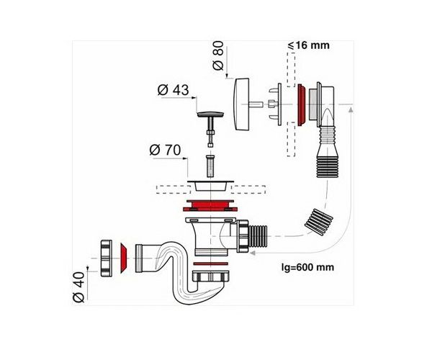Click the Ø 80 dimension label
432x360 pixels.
point(218,55)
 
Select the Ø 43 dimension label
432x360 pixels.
point(174,90)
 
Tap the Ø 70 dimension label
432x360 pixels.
point(165,150)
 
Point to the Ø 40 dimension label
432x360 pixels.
point(78,287)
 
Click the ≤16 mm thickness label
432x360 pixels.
point(309,45)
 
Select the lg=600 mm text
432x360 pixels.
point(307,267)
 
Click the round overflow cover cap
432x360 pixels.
point(241,104)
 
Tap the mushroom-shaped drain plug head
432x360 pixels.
point(210,114)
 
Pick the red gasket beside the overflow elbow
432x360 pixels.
point(301,105)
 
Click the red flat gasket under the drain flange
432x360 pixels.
point(210,206)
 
